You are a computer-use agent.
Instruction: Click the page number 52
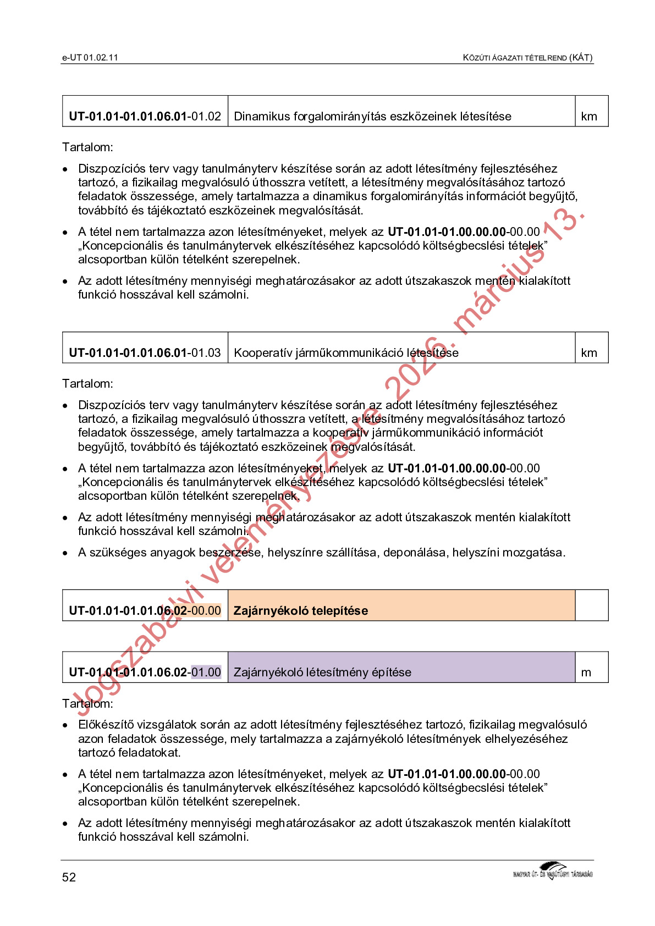(x=69, y=877)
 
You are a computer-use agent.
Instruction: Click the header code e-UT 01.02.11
(x=90, y=58)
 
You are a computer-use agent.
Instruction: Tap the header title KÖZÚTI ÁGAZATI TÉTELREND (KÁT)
(x=527, y=58)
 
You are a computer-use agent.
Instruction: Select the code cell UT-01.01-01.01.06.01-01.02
(x=145, y=117)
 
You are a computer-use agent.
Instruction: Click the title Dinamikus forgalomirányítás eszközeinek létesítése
(x=372, y=117)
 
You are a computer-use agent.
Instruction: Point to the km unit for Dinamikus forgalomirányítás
(x=589, y=117)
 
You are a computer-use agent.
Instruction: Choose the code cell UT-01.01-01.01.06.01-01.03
(x=145, y=353)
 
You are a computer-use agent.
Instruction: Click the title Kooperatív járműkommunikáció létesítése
(x=346, y=353)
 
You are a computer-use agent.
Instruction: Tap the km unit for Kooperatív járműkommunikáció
(x=589, y=353)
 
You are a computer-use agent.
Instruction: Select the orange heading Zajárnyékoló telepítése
(x=301, y=611)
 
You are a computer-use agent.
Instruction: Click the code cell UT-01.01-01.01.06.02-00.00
(x=145, y=611)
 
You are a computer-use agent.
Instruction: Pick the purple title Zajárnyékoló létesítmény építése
(x=322, y=673)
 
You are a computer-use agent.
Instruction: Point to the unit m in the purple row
(x=586, y=673)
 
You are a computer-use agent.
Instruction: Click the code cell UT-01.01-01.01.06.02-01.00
(x=145, y=673)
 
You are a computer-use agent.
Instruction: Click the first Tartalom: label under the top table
(x=88, y=147)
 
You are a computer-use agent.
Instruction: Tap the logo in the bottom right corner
(x=553, y=871)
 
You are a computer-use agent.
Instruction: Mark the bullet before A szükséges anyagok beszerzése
(x=65, y=553)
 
